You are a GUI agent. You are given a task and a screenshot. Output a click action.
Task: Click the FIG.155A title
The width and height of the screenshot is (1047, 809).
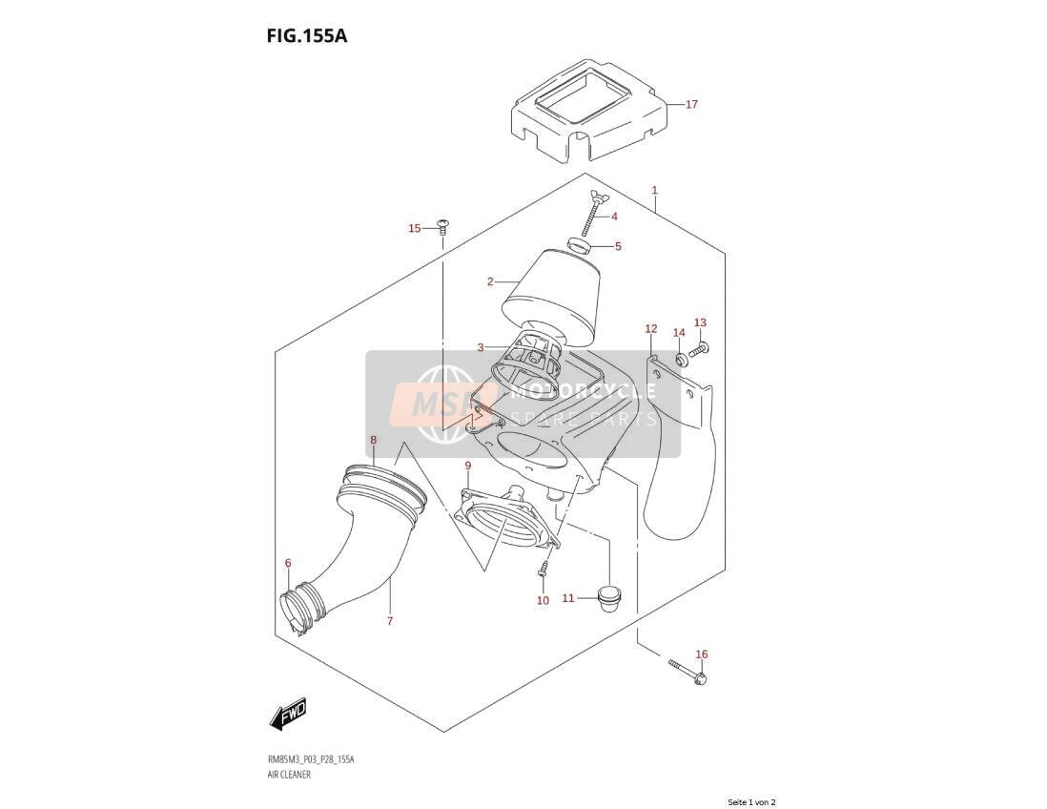pos(306,35)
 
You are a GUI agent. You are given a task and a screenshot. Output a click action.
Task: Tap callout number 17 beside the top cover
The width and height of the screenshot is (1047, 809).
pos(691,104)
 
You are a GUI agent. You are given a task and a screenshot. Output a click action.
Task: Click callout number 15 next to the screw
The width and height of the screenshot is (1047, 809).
pos(415,228)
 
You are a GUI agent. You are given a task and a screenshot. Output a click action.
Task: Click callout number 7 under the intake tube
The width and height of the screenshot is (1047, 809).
pos(390,621)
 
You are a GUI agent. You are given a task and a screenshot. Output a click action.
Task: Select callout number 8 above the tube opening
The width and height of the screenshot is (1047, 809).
pos(373,440)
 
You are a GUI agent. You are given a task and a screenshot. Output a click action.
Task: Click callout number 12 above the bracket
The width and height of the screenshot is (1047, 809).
pos(651,329)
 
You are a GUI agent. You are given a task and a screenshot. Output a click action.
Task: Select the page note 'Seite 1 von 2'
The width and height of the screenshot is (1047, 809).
pos(751,802)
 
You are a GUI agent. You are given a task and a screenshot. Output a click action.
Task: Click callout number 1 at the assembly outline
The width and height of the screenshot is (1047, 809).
pos(655,191)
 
